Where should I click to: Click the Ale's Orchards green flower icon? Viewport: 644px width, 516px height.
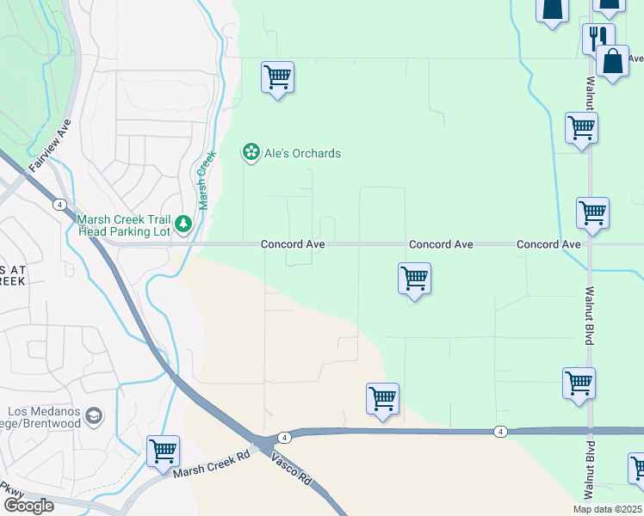pos(251,153)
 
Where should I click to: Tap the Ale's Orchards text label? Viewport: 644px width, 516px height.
pos(302,154)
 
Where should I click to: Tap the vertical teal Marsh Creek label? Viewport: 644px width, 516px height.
pos(206,176)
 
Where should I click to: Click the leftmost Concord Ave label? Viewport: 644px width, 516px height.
pos(293,245)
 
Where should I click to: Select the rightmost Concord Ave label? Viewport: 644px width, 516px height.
pos(548,245)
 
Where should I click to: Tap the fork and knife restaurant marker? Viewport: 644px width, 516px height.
pos(598,37)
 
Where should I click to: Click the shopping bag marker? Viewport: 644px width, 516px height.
pos(612,62)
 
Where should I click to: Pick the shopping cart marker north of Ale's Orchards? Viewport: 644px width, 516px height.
pos(277,78)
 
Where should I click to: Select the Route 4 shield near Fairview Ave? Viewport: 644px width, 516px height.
pos(59,204)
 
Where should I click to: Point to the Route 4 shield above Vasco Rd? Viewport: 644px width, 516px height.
pos(285,437)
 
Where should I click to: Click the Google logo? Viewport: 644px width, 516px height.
pos(28,506)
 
